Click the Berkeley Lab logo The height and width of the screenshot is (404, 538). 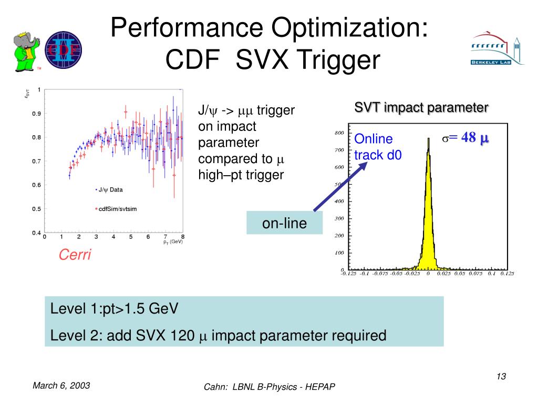496,49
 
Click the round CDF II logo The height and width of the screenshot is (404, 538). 64,49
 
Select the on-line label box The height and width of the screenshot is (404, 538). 285,224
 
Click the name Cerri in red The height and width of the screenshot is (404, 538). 75,255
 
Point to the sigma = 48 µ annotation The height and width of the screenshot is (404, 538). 465,138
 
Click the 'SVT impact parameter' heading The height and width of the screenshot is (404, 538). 421,108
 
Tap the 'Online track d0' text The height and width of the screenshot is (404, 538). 374,147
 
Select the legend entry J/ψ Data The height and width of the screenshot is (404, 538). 110,189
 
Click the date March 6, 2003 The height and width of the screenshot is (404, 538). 61,386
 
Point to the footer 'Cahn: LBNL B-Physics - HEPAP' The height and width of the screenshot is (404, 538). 269,387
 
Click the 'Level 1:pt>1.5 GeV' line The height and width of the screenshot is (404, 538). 114,309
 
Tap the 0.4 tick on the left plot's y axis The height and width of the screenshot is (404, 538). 36,233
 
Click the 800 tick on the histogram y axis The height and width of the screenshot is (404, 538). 339,133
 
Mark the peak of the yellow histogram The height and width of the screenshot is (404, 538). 428,139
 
